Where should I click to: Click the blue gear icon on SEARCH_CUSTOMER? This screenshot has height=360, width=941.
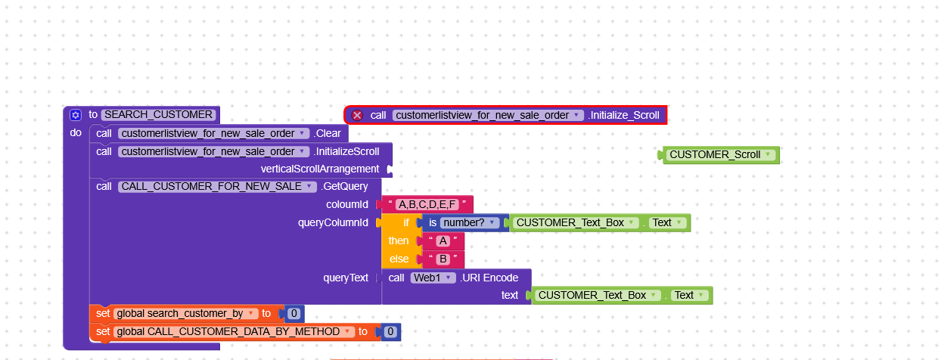pos(76,115)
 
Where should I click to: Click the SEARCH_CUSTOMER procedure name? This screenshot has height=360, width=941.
pos(158,115)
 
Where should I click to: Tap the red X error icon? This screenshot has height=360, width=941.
pos(357,116)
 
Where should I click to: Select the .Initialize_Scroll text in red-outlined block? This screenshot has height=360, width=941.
pos(623,116)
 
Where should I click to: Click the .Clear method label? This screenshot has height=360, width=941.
pos(328,134)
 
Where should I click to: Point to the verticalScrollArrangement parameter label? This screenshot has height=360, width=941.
pos(320,169)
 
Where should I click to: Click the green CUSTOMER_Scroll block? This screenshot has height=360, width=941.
pos(720,155)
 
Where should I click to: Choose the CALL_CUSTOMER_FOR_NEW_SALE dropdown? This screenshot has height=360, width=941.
pos(217,187)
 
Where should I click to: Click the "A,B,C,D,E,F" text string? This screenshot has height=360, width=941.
pos(427,204)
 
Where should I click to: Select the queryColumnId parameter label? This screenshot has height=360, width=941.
pos(333,222)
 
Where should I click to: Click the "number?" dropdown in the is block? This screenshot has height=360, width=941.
pos(470,222)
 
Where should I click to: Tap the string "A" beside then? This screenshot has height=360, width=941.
pos(443,241)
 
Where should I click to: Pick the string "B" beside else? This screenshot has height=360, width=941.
pos(443,259)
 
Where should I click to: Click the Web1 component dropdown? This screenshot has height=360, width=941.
pos(433,278)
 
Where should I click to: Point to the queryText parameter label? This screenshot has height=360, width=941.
pos(346,278)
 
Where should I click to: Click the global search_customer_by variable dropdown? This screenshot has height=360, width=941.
pos(185,314)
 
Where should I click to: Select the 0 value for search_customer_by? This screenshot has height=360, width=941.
pos(294,314)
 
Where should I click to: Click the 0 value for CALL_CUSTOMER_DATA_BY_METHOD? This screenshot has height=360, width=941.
pos(390,332)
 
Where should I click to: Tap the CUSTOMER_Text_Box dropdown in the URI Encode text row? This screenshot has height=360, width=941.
pos(596,295)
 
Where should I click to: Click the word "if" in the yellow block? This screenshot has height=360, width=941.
pos(405,222)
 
